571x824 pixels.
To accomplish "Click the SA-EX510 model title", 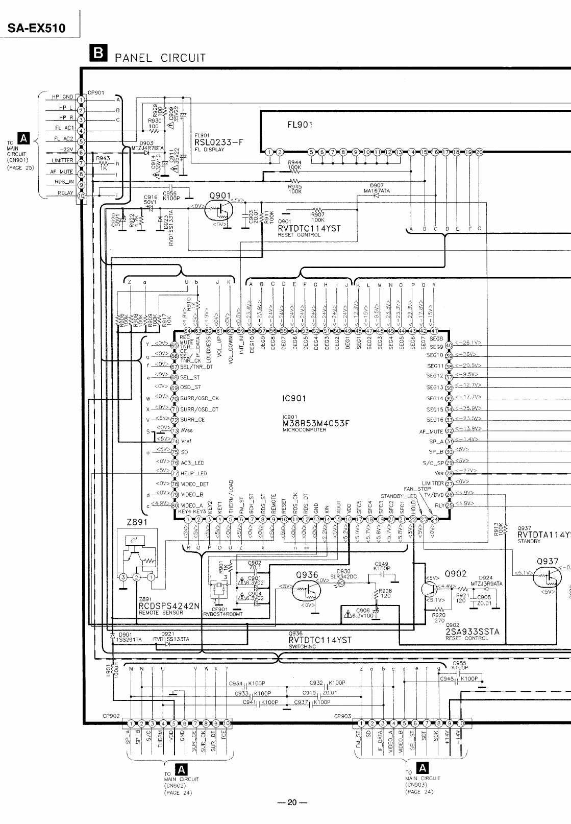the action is [x=37, y=28].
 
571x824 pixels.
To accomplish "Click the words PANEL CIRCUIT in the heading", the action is [x=160, y=58].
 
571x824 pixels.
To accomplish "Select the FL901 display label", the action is [x=301, y=125].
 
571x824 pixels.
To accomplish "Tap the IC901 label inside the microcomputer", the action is [x=293, y=398].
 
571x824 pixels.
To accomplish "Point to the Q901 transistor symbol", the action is [x=218, y=210].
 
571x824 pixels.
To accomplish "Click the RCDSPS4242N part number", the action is [x=169, y=606].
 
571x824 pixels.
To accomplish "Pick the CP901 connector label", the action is [x=96, y=93].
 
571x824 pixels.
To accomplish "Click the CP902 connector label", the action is [x=111, y=716].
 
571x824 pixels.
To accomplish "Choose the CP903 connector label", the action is [x=342, y=716].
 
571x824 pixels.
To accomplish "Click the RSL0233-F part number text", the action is [x=218, y=143].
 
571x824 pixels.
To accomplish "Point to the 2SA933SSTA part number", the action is [x=472, y=632].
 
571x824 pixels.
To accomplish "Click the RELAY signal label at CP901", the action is [x=65, y=193].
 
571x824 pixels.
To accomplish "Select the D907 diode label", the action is [x=377, y=186].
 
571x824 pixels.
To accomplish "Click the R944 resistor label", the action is [x=294, y=162].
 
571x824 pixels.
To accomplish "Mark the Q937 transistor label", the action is [x=547, y=561].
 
